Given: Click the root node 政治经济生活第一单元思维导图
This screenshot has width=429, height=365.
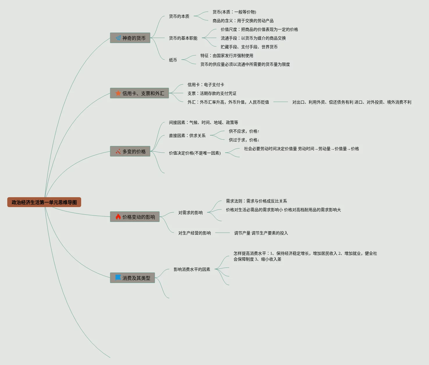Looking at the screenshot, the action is tap(44, 202).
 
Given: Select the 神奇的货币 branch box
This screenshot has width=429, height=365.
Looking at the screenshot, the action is tap(130, 38).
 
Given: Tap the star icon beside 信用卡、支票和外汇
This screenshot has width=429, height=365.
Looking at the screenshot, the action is tap(118, 93).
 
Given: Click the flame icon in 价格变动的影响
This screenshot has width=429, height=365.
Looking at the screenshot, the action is tap(118, 217).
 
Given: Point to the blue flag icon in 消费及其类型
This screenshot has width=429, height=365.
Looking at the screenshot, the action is tap(118, 277).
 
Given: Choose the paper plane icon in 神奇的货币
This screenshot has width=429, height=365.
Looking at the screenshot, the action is tap(118, 38).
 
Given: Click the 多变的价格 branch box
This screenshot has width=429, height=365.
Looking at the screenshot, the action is tap(130, 152).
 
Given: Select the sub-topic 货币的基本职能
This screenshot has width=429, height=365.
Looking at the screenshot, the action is tap(183, 38).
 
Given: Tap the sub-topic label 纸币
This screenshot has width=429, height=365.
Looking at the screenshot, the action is tap(173, 60).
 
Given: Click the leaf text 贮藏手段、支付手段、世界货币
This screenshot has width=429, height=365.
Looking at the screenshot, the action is tap(249, 47).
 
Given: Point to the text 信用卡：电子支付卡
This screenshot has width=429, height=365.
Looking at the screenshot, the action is tap(206, 85).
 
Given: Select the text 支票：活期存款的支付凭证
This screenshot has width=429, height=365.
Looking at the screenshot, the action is tap(212, 93).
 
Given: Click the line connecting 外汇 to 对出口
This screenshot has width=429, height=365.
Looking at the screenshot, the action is tap(281, 102).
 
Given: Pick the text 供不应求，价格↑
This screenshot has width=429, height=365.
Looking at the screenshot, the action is tap(244, 131).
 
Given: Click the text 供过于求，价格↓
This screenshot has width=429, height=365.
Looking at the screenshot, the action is tap(244, 140).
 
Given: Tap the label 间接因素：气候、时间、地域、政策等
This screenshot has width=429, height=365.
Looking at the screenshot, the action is tap(203, 122).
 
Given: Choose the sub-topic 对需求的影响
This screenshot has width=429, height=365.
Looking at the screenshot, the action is tap(191, 213).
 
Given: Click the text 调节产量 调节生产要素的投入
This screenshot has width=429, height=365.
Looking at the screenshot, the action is tap(261, 233).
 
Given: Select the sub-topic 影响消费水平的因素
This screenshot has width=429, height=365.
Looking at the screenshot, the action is tap(192, 269).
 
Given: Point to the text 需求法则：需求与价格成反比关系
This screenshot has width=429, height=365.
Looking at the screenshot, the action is tap(256, 201).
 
